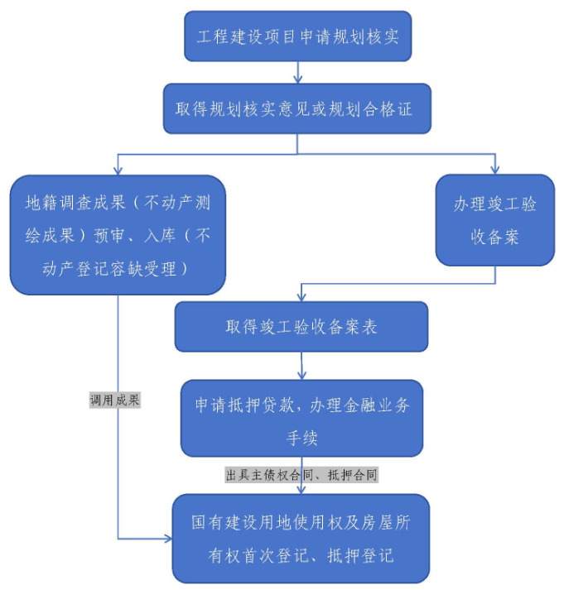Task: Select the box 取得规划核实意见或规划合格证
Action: tap(296, 108)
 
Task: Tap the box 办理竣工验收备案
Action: tap(494, 220)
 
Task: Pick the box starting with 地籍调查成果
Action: tap(118, 235)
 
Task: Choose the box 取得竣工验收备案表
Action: tap(301, 326)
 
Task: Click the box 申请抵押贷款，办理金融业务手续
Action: tap(301, 418)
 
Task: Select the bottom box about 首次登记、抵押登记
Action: tap(301, 539)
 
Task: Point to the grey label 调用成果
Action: tap(115, 401)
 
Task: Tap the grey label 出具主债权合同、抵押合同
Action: tap(302, 475)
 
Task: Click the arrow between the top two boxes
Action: tap(298, 72)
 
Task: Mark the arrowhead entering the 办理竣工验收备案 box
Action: tap(494, 169)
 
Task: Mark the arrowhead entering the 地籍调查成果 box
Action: tap(118, 170)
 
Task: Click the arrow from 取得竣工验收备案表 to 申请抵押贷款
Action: tap(301, 365)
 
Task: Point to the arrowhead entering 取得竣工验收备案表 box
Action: tap(301, 297)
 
